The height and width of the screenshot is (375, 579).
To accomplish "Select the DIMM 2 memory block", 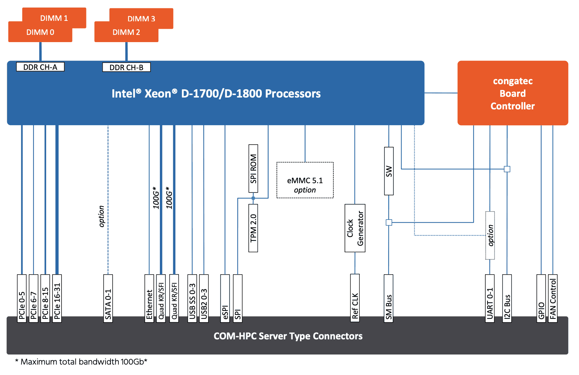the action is [126, 32].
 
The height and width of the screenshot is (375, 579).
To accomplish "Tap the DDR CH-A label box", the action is [40, 67].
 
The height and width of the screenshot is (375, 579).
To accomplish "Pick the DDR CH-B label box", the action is [126, 67].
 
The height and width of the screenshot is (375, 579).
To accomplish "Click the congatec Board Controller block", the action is [513, 93].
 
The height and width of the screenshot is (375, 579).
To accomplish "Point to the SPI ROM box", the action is [253, 169].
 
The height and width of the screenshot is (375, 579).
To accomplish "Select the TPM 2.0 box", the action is [253, 228].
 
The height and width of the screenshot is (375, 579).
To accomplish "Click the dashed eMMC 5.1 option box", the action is [305, 180].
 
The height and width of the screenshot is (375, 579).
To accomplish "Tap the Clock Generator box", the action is [355, 228].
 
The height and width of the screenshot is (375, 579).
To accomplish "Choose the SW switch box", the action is [389, 171].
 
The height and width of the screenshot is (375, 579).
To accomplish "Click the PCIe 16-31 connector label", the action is [57, 298].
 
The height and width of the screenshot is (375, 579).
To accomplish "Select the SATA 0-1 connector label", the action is [108, 298].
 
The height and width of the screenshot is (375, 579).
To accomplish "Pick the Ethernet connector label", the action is [149, 298].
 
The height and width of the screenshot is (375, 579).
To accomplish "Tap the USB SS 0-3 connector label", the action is [192, 298].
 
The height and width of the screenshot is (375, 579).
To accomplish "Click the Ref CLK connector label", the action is [355, 298].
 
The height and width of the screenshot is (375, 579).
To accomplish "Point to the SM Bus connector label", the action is [389, 298].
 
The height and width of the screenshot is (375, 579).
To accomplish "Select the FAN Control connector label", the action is [553, 298].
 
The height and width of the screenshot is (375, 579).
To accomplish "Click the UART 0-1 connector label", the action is [490, 298].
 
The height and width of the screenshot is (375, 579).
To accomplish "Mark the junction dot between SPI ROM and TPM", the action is [253, 198].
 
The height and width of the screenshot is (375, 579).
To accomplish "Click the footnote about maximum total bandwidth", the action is [81, 362].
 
